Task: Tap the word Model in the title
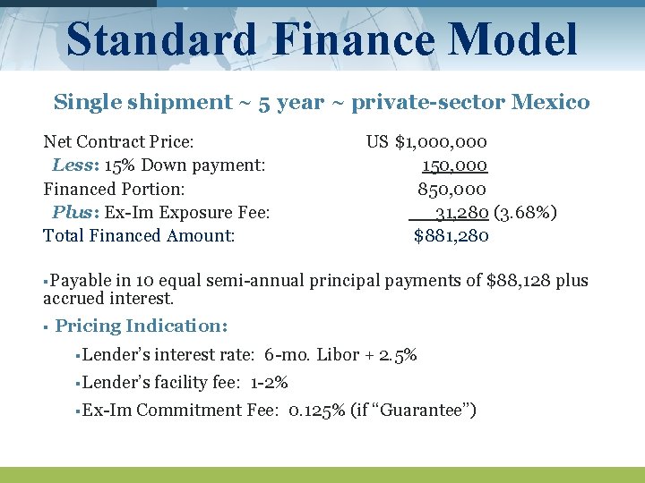[x=514, y=40]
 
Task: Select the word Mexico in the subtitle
[x=551, y=102]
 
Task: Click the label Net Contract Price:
[x=119, y=141]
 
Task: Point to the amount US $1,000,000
[x=426, y=141]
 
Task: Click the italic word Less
[x=70, y=165]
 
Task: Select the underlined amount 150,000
[x=454, y=165]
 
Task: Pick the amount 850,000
[x=452, y=189]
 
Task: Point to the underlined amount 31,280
[x=461, y=213]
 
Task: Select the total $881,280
[x=451, y=236]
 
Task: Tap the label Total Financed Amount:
[x=139, y=236]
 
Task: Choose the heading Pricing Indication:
[x=142, y=326]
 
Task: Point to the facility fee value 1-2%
[x=270, y=383]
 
